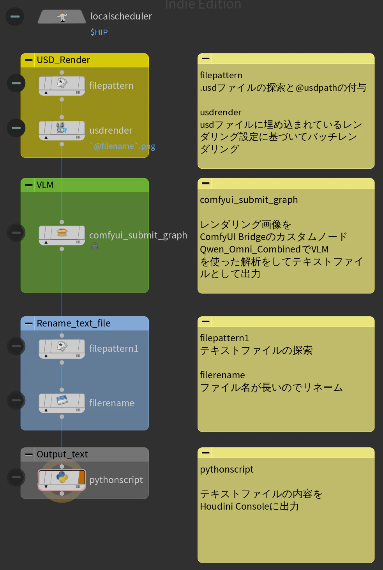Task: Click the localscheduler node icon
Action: tap(62, 17)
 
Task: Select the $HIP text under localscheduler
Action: tap(99, 32)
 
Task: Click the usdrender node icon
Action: tap(62, 128)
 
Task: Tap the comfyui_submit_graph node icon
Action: tap(62, 232)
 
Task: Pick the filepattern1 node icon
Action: tap(62, 346)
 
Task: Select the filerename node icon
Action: tap(62, 400)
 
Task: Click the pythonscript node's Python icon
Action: tap(62, 477)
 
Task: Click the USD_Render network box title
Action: tap(64, 60)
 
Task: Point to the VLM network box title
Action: tap(45, 185)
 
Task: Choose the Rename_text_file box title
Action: tap(74, 323)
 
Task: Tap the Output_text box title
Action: tap(62, 454)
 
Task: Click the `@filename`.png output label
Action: tap(122, 146)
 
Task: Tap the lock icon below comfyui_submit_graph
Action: tap(95, 246)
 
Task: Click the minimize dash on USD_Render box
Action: tap(29, 60)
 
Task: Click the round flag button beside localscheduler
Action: tap(15, 17)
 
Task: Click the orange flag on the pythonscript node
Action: tap(81, 477)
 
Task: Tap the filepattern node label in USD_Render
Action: tap(111, 86)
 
